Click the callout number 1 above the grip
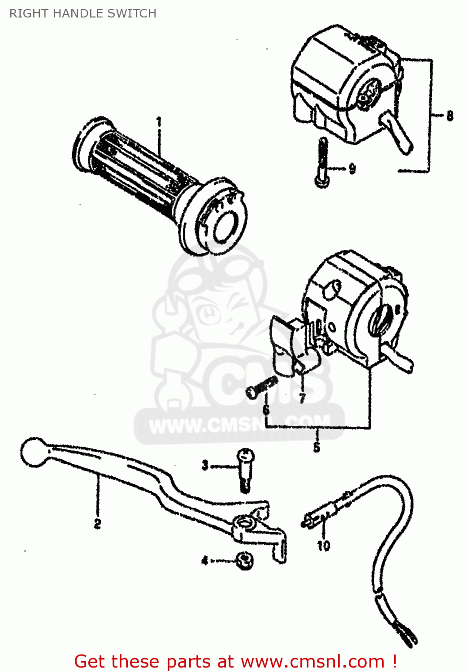[x=159, y=122]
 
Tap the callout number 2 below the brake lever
[x=97, y=523]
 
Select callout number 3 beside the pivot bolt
[x=205, y=465]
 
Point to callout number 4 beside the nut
[x=204, y=560]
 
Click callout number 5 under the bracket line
[x=317, y=448]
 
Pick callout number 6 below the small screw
[x=266, y=409]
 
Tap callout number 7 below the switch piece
[x=302, y=397]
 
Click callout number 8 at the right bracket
[x=450, y=116]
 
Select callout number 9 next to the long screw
[x=352, y=169]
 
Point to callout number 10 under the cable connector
[x=323, y=545]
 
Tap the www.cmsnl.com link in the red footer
[x=313, y=661]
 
